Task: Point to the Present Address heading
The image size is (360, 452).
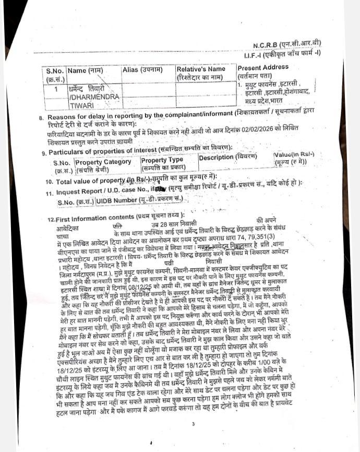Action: tap(263, 68)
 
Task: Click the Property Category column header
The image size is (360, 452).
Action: tap(104, 162)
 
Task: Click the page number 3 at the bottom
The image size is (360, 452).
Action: tap(193, 424)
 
